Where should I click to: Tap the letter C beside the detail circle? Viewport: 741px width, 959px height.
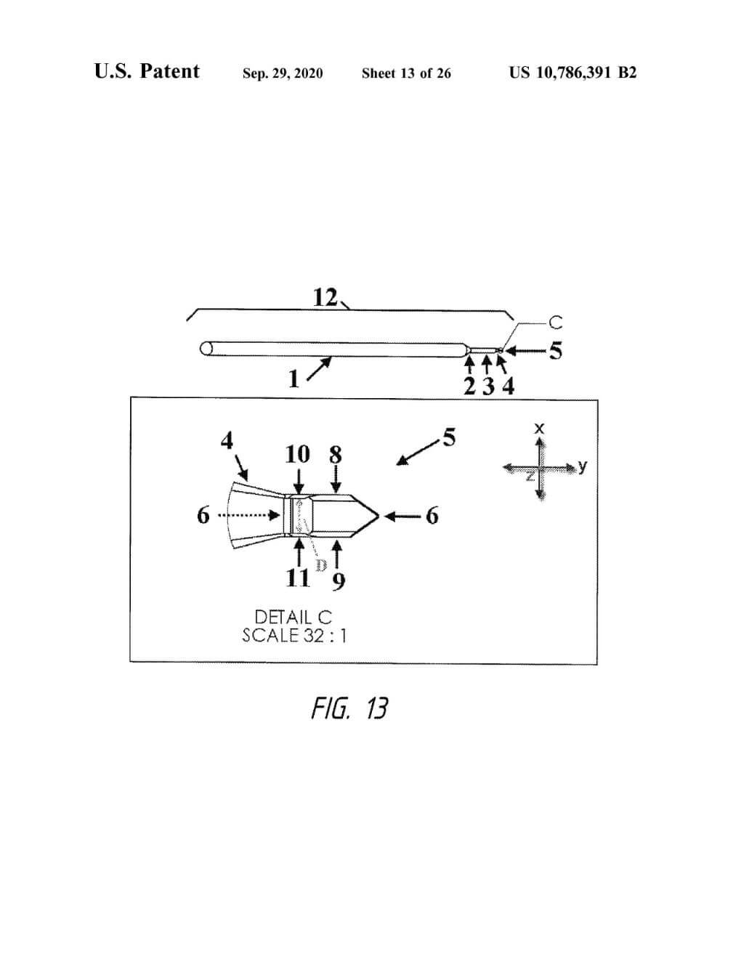(555, 323)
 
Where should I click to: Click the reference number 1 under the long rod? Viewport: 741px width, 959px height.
(293, 379)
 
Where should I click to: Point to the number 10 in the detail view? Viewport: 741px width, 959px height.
(297, 454)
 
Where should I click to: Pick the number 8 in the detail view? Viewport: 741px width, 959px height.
(335, 455)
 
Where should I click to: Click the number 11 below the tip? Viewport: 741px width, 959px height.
(298, 578)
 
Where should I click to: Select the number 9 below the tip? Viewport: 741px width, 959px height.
(339, 580)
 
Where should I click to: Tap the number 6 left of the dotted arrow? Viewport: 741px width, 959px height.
(203, 516)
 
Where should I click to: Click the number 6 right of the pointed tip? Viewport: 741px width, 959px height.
(432, 516)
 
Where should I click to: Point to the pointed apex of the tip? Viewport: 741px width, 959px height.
(379, 516)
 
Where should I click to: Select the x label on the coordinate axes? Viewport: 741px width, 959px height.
(538, 429)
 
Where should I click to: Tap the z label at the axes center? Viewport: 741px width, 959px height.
(530, 476)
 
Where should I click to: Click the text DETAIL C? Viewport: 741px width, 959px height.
(293, 618)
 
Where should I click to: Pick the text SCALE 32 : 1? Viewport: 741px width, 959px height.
(293, 636)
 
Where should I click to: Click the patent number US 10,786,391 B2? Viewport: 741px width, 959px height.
(572, 73)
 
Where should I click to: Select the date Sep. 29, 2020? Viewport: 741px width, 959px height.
(283, 73)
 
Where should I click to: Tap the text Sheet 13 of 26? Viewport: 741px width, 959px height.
(406, 73)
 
